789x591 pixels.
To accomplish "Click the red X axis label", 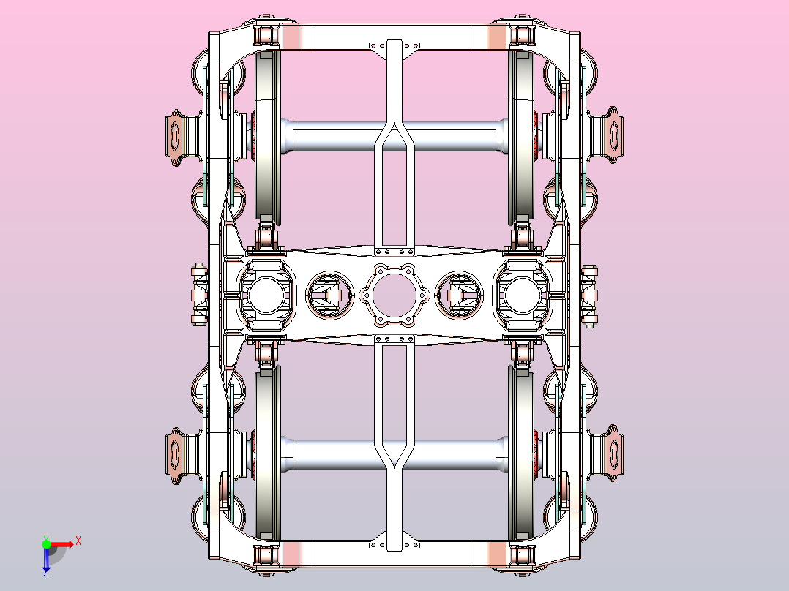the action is coord(78,541).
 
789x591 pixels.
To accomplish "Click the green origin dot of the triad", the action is coord(46,543).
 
